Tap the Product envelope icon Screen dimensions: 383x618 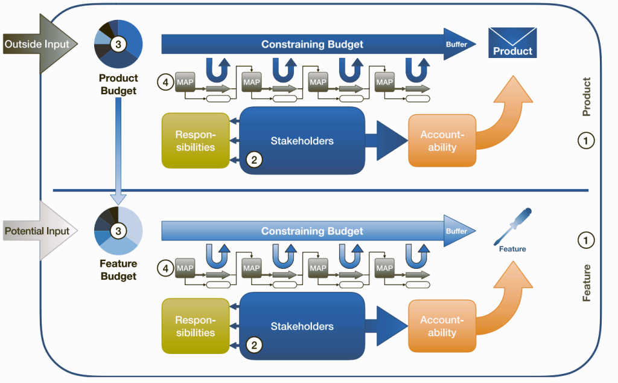tap(512, 43)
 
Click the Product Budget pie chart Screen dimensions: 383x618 tap(118, 44)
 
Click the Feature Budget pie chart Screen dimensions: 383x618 tap(118, 230)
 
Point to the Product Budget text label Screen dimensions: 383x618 tap(118, 85)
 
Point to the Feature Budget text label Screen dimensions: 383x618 tap(118, 270)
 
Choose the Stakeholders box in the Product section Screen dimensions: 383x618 tap(302, 141)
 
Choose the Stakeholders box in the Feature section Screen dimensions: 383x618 tap(302, 326)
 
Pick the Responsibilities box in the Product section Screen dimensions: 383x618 tap(195, 140)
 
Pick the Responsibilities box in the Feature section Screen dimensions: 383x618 tap(195, 326)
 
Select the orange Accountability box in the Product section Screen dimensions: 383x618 tap(442, 141)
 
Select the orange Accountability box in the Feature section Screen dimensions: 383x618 tap(442, 326)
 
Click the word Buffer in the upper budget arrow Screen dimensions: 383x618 tap(456, 45)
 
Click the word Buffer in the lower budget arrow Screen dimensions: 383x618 tap(456, 231)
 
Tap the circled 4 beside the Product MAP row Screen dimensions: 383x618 tap(165, 80)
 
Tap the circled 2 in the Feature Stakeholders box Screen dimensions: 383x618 tap(254, 346)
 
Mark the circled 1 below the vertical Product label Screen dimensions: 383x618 tap(585, 141)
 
